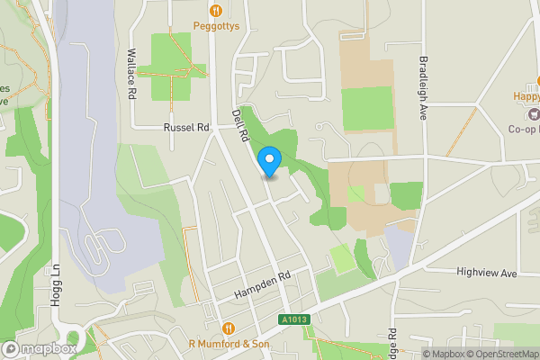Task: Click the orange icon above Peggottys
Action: click(x=216, y=10)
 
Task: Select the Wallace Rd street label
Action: click(x=131, y=73)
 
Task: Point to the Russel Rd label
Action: click(x=185, y=128)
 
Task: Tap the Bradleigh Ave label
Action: click(x=423, y=87)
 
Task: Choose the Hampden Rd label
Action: click(x=264, y=286)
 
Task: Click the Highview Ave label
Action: click(x=487, y=271)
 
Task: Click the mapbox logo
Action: click(x=39, y=348)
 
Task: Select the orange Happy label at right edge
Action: click(x=526, y=96)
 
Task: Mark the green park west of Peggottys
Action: click(x=170, y=66)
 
